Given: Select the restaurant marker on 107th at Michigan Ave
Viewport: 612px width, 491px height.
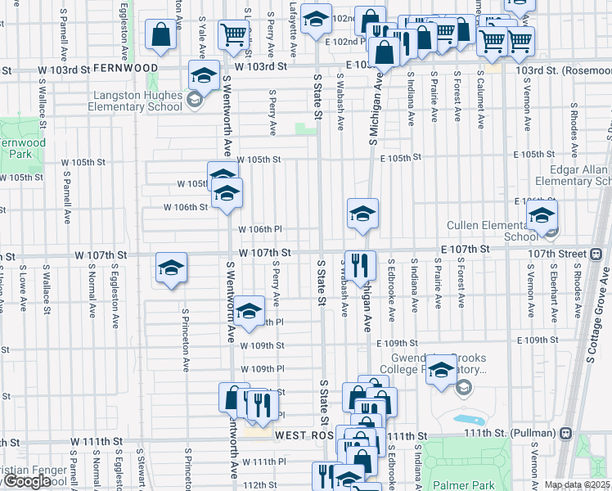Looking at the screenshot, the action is coord(360,265).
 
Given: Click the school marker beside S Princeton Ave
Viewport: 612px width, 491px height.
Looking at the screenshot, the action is coord(171,269).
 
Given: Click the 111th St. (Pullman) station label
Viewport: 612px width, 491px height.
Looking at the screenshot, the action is coord(519,432).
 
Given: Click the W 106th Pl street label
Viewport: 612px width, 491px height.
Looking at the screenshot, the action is coord(260,230).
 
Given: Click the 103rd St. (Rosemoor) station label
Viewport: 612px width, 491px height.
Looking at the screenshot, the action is coord(564,70).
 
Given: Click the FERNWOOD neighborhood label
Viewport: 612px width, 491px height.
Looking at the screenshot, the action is coord(125,67).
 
